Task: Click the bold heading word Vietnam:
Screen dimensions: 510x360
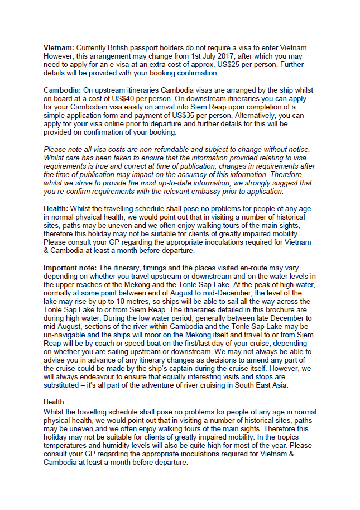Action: coord(59,48)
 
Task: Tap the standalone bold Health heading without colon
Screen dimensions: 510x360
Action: coord(54,402)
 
